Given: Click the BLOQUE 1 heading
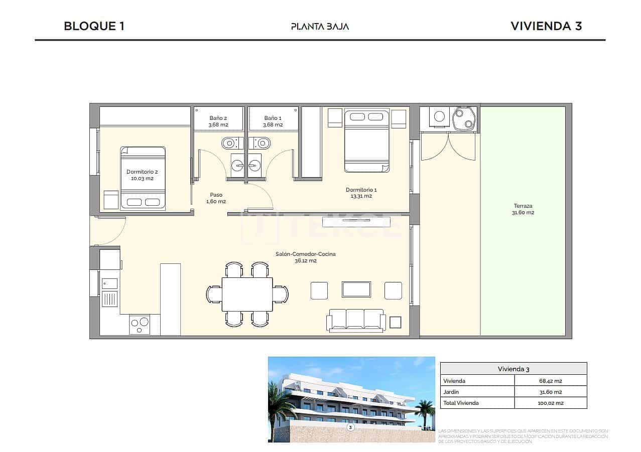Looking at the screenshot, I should (x=94, y=26).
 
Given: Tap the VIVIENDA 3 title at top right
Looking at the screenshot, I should (x=546, y=26).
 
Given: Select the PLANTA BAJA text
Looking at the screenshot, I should (x=320, y=27).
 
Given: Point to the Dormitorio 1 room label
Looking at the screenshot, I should (x=361, y=193).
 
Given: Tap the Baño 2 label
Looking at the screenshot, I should (x=218, y=121).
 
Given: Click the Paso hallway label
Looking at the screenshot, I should (x=216, y=198).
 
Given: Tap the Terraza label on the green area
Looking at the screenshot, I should (x=523, y=209).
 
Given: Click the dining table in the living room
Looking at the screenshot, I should (x=247, y=294).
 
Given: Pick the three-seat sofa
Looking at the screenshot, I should (x=356, y=320).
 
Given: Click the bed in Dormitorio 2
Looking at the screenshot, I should (x=143, y=178).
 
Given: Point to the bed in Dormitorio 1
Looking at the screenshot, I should (x=367, y=140).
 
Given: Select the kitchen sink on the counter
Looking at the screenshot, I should (x=109, y=283).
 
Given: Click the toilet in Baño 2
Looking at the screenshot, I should (x=229, y=143).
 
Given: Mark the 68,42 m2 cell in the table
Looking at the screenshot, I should (x=550, y=381).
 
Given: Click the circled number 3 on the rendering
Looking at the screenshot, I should (x=350, y=427).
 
